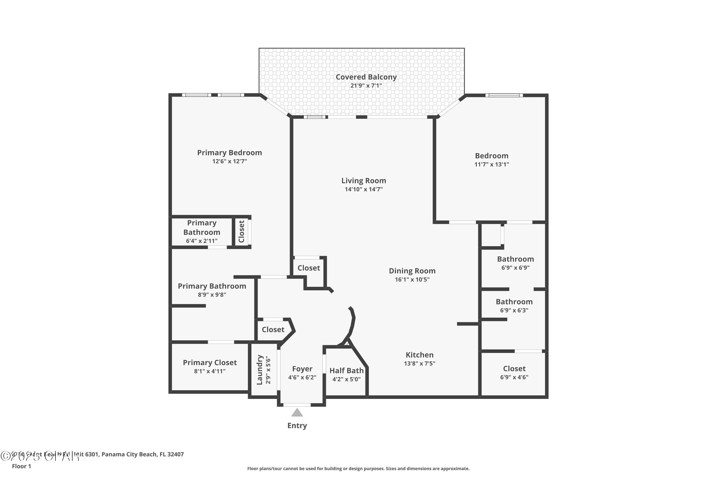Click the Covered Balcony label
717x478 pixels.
366,77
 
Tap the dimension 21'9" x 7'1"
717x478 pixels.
366,86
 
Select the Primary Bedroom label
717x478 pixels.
229,153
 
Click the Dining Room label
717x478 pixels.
412,271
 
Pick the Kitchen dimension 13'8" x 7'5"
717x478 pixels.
419,363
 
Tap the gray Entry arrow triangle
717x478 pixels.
297,413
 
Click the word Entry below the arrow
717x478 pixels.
297,426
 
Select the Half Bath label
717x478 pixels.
346,371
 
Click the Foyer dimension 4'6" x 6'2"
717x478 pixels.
302,377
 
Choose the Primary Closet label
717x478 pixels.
210,363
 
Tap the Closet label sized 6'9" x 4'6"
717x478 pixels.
514,369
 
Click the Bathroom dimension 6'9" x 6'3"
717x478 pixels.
514,310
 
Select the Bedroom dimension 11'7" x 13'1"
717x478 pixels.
491,164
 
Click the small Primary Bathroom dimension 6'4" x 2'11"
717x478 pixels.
201,241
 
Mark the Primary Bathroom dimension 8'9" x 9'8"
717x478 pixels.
212,295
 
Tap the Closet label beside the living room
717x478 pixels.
309,268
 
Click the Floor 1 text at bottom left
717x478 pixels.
21,466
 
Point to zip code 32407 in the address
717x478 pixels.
176,454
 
